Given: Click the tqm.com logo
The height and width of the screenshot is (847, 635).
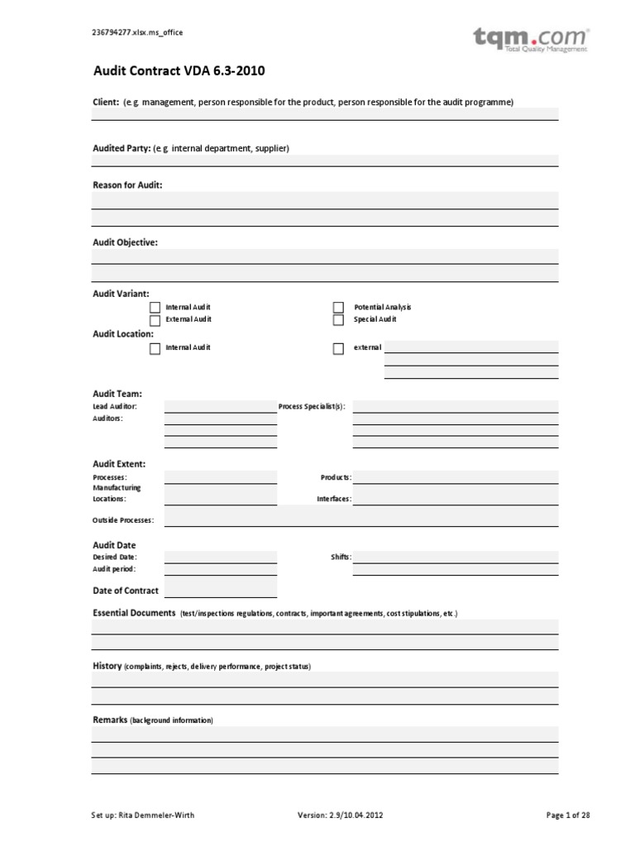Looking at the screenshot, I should [531, 39].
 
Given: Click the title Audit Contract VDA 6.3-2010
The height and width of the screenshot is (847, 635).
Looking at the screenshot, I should [179, 71].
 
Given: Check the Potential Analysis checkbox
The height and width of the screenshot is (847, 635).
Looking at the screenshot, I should [338, 307].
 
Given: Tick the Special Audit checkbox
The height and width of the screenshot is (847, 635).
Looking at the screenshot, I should [338, 319].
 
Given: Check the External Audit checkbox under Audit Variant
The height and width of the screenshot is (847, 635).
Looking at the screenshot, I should [155, 319].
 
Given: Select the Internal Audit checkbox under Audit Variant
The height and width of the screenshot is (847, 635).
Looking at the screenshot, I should [155, 307].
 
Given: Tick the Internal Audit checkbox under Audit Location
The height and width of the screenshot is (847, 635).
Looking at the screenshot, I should [155, 348].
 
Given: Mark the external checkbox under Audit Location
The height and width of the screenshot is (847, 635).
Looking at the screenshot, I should [338, 348].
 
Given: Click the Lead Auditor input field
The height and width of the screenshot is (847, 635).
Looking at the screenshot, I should [220, 406].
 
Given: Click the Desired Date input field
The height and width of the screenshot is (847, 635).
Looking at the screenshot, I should [220, 557].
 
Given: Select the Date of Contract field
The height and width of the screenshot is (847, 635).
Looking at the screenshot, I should [220, 589].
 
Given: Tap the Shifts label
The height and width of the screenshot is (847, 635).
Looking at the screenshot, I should [341, 557].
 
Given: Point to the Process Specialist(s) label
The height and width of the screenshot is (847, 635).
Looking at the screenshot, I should [312, 407].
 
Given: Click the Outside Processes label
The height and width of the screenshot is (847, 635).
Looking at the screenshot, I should [128, 520].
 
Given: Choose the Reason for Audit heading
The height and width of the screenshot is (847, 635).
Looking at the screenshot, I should [127, 185].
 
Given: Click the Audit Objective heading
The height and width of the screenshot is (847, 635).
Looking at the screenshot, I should [124, 242].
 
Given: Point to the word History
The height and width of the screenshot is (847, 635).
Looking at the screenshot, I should [107, 666].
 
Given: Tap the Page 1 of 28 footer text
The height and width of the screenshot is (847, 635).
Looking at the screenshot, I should [569, 815].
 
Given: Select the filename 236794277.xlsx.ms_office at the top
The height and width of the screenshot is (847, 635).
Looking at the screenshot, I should [137, 32].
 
